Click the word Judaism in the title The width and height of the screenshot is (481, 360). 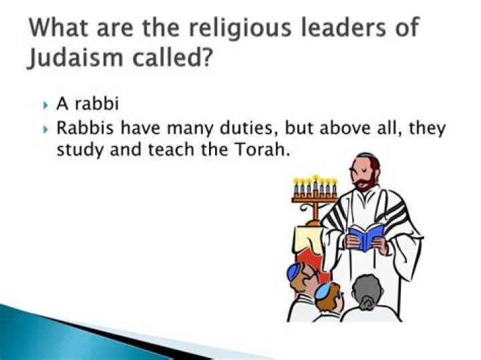pos(75,57)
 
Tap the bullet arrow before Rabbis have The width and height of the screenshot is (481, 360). pos(45,130)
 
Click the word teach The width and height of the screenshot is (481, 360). pos(171,150)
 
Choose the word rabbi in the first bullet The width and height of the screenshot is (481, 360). pos(97,104)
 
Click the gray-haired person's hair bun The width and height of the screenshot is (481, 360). pos(365,304)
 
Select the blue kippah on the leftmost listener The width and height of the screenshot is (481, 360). pos(293,271)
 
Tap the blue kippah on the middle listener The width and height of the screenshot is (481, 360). pos(323,291)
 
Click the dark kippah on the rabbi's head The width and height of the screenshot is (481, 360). pos(367,155)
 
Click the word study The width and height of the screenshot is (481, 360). pos(80,150)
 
